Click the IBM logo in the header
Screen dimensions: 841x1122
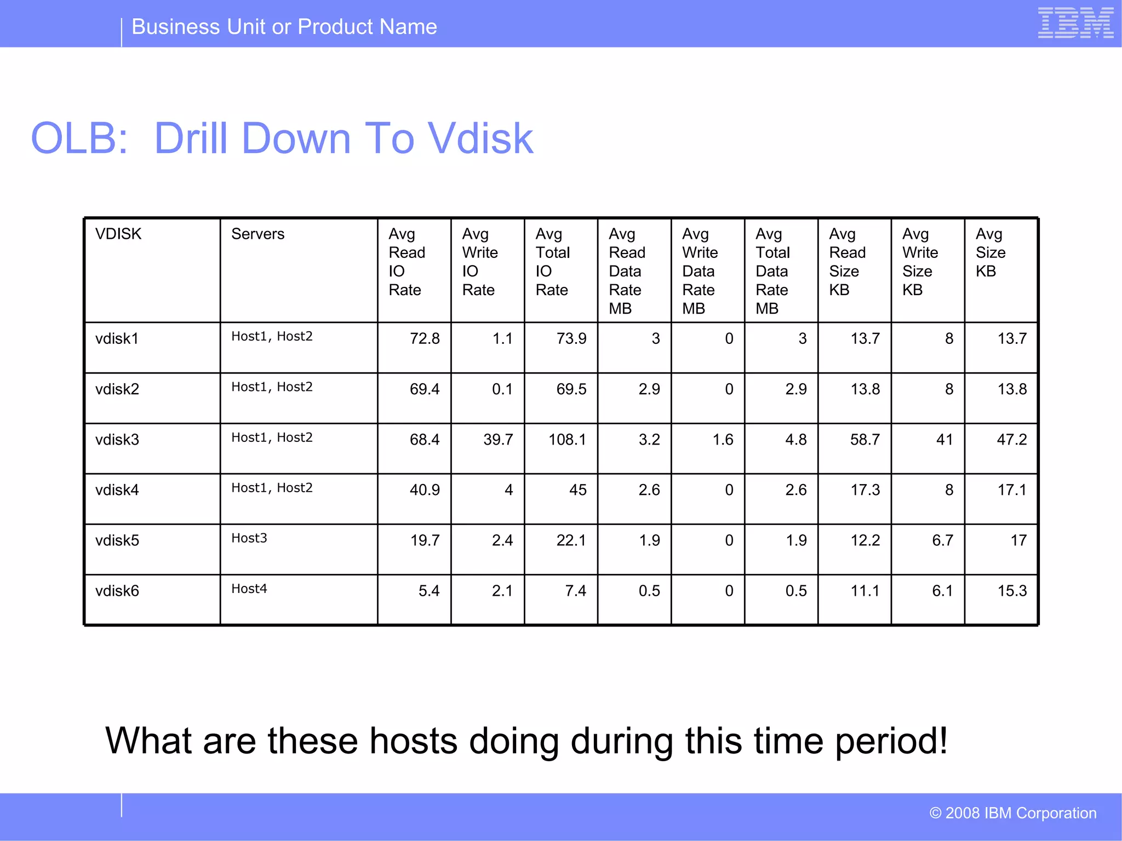tap(1075, 23)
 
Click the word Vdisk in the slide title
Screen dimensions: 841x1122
tap(480, 139)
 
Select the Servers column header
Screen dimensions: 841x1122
tap(257, 234)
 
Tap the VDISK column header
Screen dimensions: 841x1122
tap(118, 234)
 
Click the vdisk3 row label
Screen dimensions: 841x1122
tap(117, 440)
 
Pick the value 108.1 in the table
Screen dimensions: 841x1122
tap(567, 440)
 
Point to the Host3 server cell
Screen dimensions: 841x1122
tap(249, 538)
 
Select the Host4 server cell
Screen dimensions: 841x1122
tap(249, 589)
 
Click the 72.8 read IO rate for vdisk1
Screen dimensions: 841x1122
tap(425, 338)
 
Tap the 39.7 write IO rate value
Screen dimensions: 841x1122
tap(498, 440)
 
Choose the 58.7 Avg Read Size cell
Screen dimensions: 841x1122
tap(865, 440)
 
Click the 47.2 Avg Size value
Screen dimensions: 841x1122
tap(1011, 440)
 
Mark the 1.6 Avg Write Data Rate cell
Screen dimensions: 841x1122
tap(723, 440)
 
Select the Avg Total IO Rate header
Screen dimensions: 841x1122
tap(552, 262)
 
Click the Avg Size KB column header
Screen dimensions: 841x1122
tap(991, 252)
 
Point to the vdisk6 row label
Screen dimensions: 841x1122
tap(117, 591)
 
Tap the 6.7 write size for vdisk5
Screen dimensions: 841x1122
tap(942, 540)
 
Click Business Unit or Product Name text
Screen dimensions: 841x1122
tap(284, 27)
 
